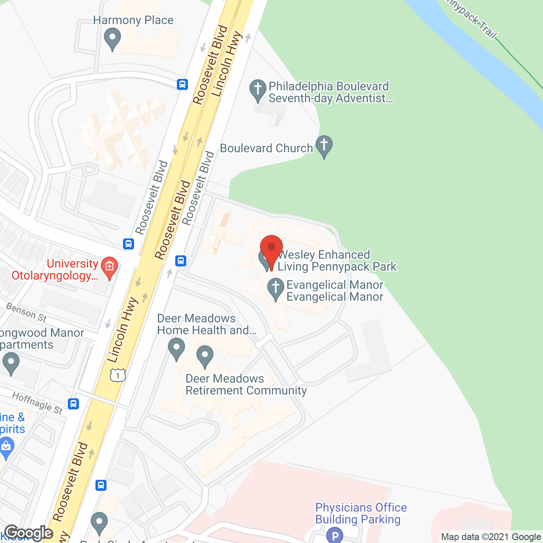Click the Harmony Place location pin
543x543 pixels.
click(112, 39)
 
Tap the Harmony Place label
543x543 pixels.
click(133, 20)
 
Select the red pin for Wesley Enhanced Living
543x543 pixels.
click(271, 248)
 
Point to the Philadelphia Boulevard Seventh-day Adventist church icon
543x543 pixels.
click(258, 90)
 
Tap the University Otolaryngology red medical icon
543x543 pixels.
click(109, 267)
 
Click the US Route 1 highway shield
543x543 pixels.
click(118, 375)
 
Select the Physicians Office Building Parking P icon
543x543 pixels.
click(335, 535)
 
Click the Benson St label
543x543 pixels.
click(26, 312)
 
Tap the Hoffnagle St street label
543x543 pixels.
click(37, 403)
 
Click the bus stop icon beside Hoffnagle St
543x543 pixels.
click(73, 403)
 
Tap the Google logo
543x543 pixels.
click(29, 533)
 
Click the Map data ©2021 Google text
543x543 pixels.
click(491, 537)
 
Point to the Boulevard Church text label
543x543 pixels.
click(266, 148)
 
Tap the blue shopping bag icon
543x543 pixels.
click(6, 447)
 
